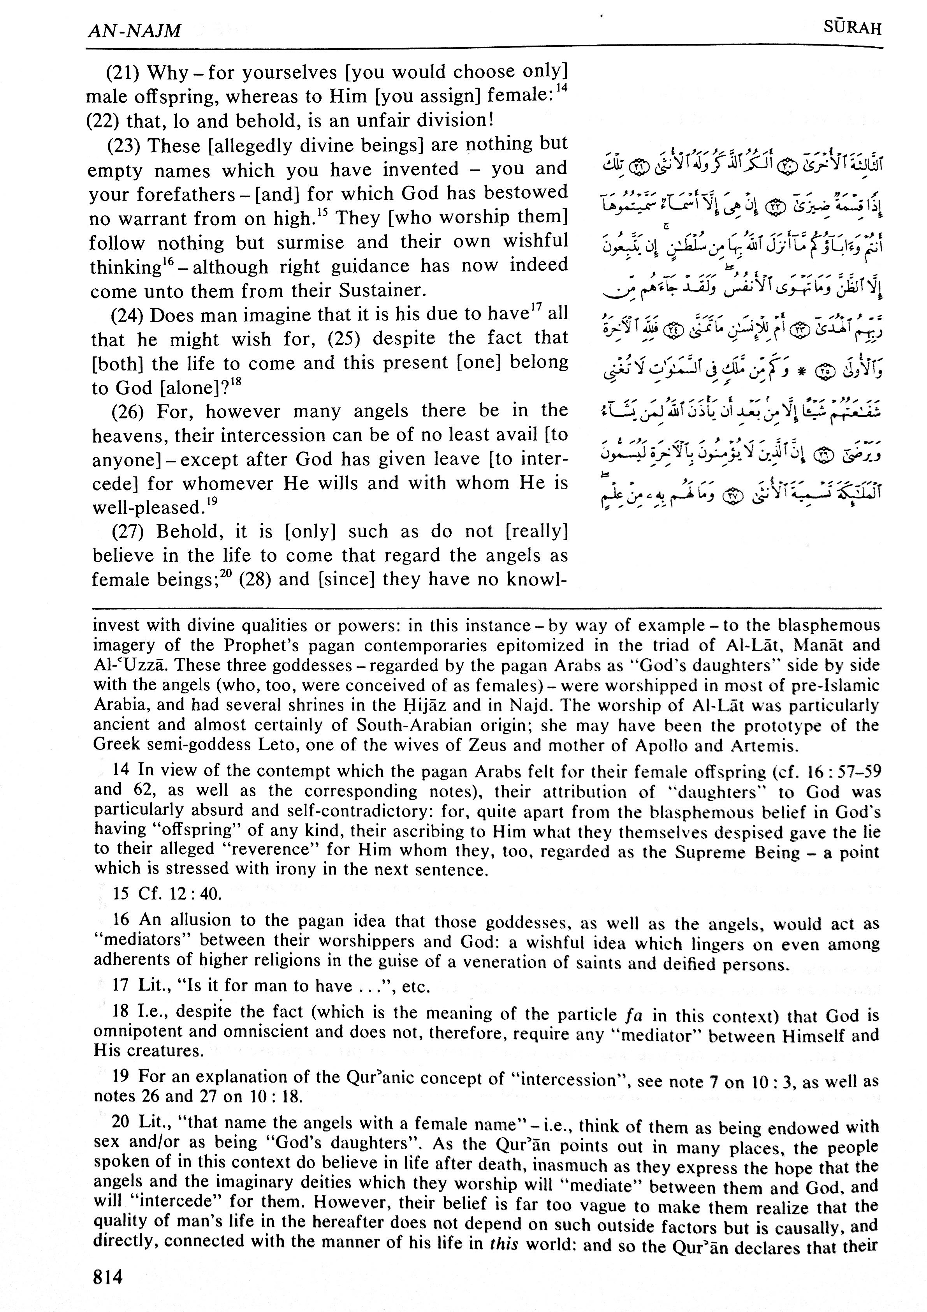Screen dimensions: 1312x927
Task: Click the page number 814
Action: point(109,1275)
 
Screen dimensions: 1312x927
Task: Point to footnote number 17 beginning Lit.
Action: point(121,986)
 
